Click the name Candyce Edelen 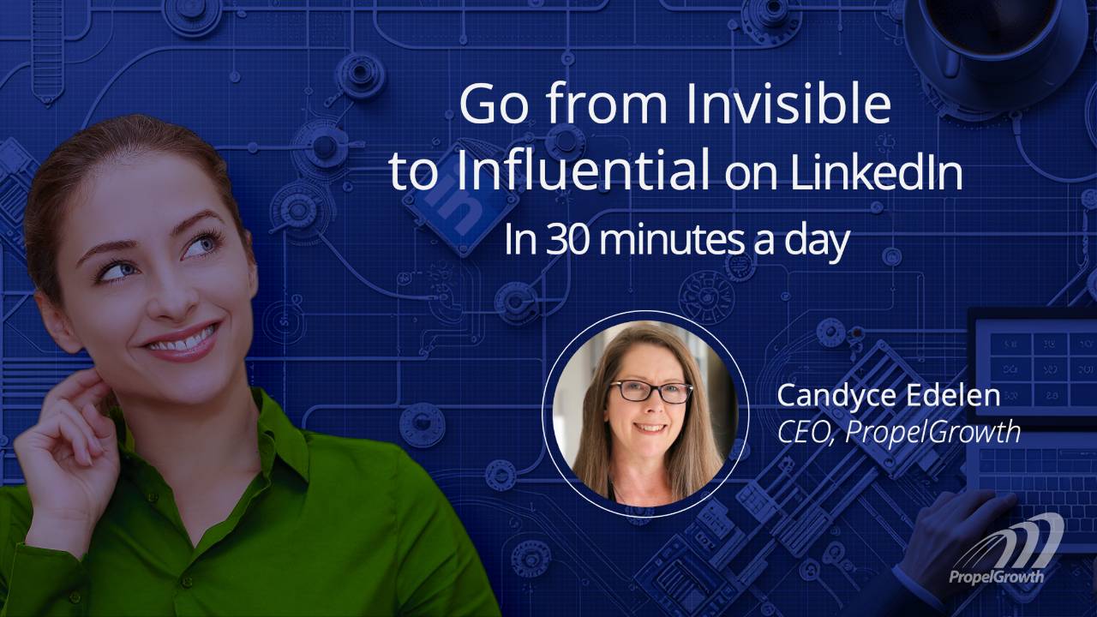click(888, 395)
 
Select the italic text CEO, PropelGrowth click(898, 431)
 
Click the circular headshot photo click(645, 414)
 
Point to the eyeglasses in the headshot click(650, 392)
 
